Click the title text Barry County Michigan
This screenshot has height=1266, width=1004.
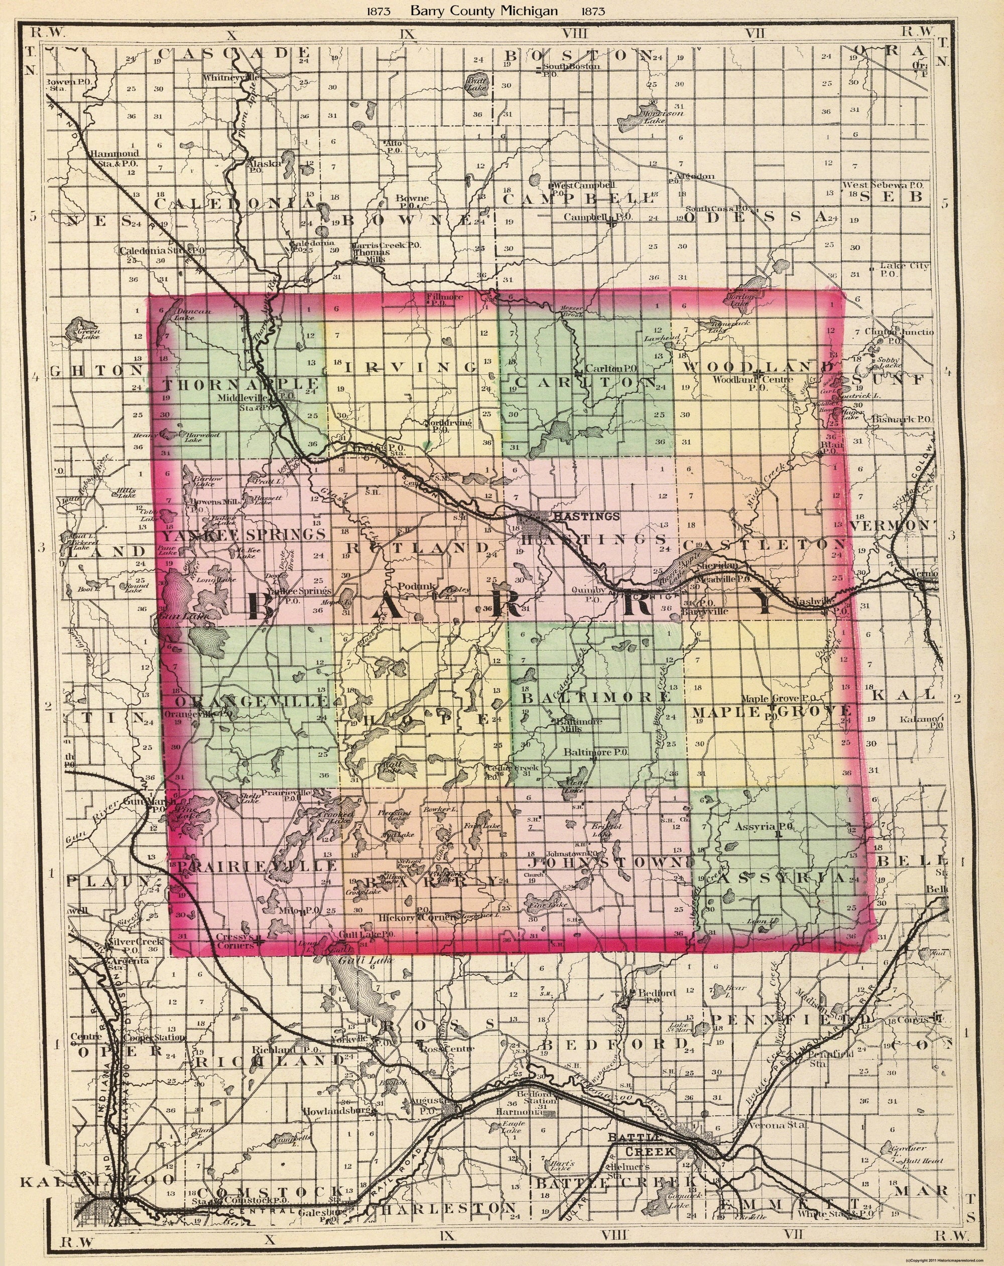coord(484,11)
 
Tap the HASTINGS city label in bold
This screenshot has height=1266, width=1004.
coord(585,517)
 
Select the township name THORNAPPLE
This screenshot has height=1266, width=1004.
coord(242,385)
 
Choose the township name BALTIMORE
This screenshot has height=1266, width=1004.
coord(596,697)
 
